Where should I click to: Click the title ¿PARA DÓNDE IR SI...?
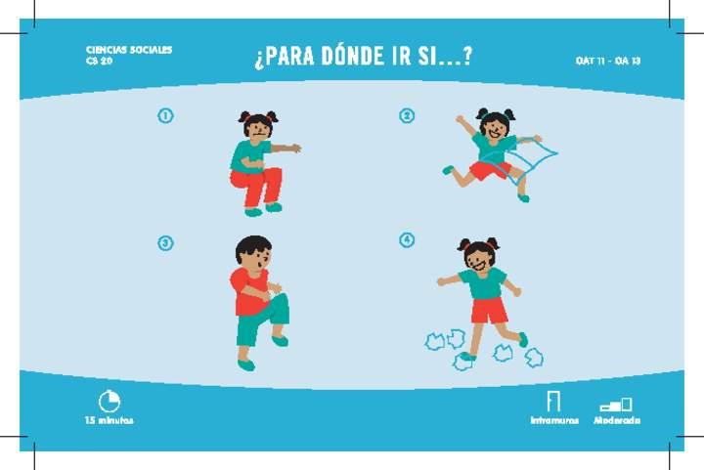(x=363, y=57)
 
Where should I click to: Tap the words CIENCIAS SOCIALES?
(x=129, y=50)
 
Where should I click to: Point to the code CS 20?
(x=99, y=61)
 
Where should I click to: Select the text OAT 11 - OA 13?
(x=608, y=61)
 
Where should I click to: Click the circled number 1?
(x=165, y=115)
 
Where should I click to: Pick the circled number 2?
(x=407, y=115)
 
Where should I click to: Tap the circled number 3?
(x=165, y=243)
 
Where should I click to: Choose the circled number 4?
(x=407, y=240)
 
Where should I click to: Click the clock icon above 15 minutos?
(x=110, y=401)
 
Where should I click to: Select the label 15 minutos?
(x=110, y=421)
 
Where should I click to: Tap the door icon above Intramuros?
(x=553, y=401)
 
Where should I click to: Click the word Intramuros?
(x=554, y=421)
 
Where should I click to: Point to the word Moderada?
(x=617, y=421)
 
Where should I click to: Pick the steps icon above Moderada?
(x=616, y=405)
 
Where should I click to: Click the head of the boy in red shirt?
(x=253, y=254)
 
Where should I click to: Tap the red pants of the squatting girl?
(x=256, y=186)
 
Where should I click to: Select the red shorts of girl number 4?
(x=489, y=311)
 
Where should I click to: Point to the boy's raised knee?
(x=282, y=301)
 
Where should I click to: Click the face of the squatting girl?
(x=259, y=130)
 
